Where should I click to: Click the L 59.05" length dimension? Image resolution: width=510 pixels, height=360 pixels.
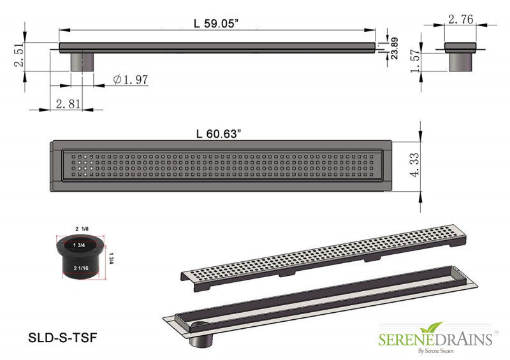point(217,24)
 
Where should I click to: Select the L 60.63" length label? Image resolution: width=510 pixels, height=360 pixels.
point(219,133)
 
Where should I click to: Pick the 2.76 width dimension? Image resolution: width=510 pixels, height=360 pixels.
point(460,20)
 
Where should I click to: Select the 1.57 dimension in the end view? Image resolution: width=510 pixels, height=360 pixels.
point(415,62)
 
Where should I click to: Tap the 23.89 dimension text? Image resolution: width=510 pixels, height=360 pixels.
point(395,48)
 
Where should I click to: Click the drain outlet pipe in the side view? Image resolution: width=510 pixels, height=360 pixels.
point(81,62)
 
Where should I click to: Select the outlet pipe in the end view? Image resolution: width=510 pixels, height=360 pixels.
point(460,61)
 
